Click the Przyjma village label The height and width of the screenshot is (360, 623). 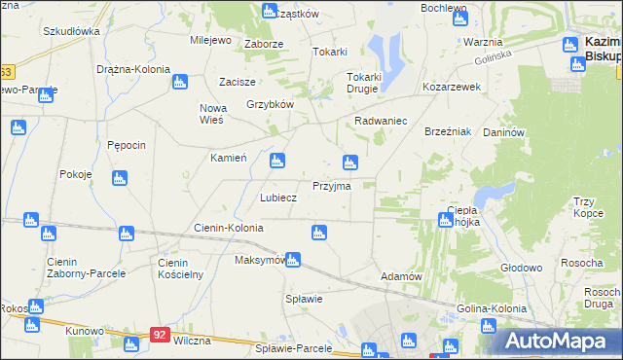pyautogui.click(x=331, y=185)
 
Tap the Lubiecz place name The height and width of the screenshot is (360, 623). pyautogui.click(x=277, y=197)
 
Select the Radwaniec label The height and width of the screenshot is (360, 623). pyautogui.click(x=381, y=121)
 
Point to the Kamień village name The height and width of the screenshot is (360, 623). pyautogui.click(x=229, y=157)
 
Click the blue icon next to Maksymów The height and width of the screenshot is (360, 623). pyautogui.click(x=293, y=260)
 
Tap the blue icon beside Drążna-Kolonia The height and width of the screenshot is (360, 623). pyautogui.click(x=179, y=82)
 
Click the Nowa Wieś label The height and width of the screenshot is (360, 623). pyautogui.click(x=211, y=113)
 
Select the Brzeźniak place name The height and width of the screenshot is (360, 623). pyautogui.click(x=448, y=131)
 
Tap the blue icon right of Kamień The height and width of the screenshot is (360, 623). pyautogui.click(x=277, y=160)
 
